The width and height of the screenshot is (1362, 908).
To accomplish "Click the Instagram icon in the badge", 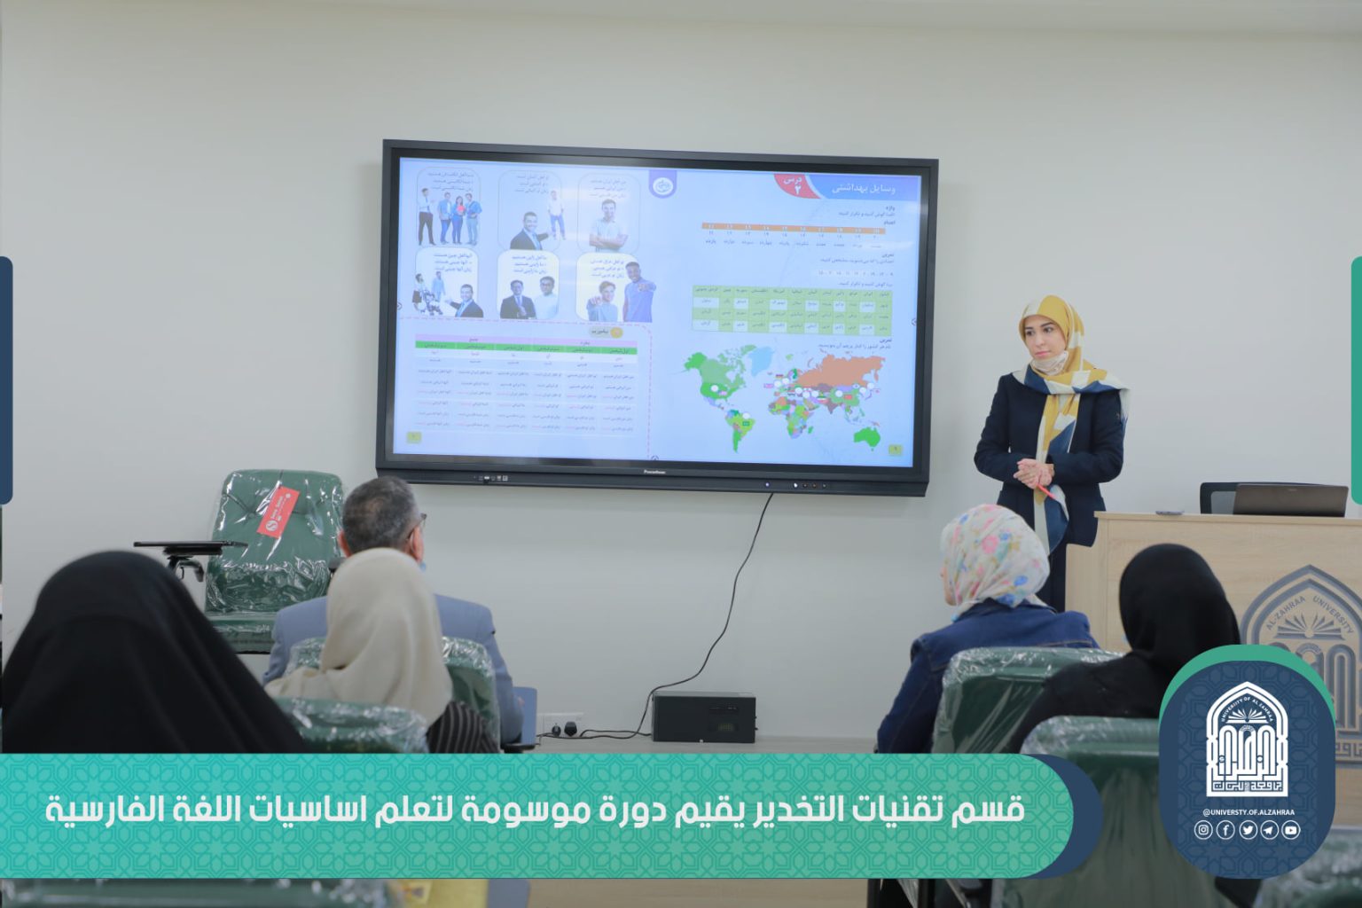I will (1203, 830).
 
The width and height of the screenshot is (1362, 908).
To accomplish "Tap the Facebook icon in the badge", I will (1225, 830).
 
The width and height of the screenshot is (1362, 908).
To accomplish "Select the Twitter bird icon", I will (1248, 830).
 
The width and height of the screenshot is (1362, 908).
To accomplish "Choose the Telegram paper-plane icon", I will (1269, 830).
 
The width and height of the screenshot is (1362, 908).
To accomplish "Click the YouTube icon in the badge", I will (1290, 830).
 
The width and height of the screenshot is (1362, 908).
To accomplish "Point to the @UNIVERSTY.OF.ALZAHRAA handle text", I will (1247, 812).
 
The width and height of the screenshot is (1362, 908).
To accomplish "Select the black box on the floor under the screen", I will (703, 717).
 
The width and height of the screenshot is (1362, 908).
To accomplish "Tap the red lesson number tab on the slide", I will (794, 184).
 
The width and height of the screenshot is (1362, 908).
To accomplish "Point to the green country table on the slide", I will (792, 310).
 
